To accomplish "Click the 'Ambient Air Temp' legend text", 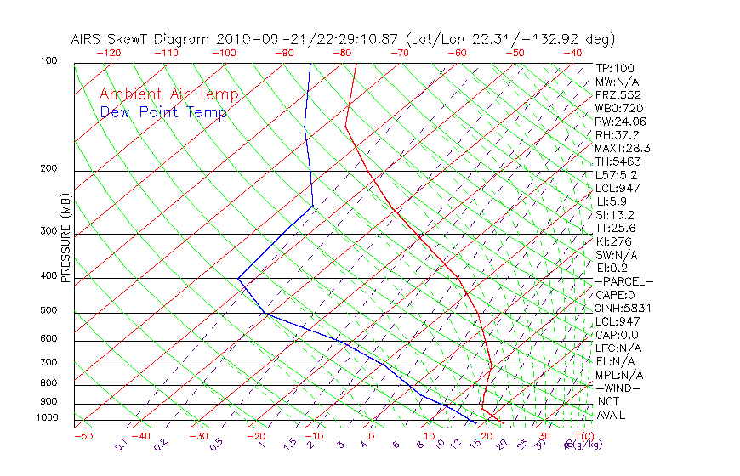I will (168, 94).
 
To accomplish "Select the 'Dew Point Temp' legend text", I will (163, 112).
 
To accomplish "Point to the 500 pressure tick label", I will (48, 310).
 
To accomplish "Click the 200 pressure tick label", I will (48, 168).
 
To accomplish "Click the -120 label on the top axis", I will (109, 53).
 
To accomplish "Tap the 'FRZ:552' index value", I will (618, 94).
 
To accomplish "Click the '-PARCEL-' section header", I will (623, 281).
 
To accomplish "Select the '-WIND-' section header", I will (618, 388).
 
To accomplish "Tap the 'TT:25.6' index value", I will (616, 228).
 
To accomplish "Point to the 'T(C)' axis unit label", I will (579, 436).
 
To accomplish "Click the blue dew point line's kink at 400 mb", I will (239, 278).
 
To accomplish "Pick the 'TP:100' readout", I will (615, 68).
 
